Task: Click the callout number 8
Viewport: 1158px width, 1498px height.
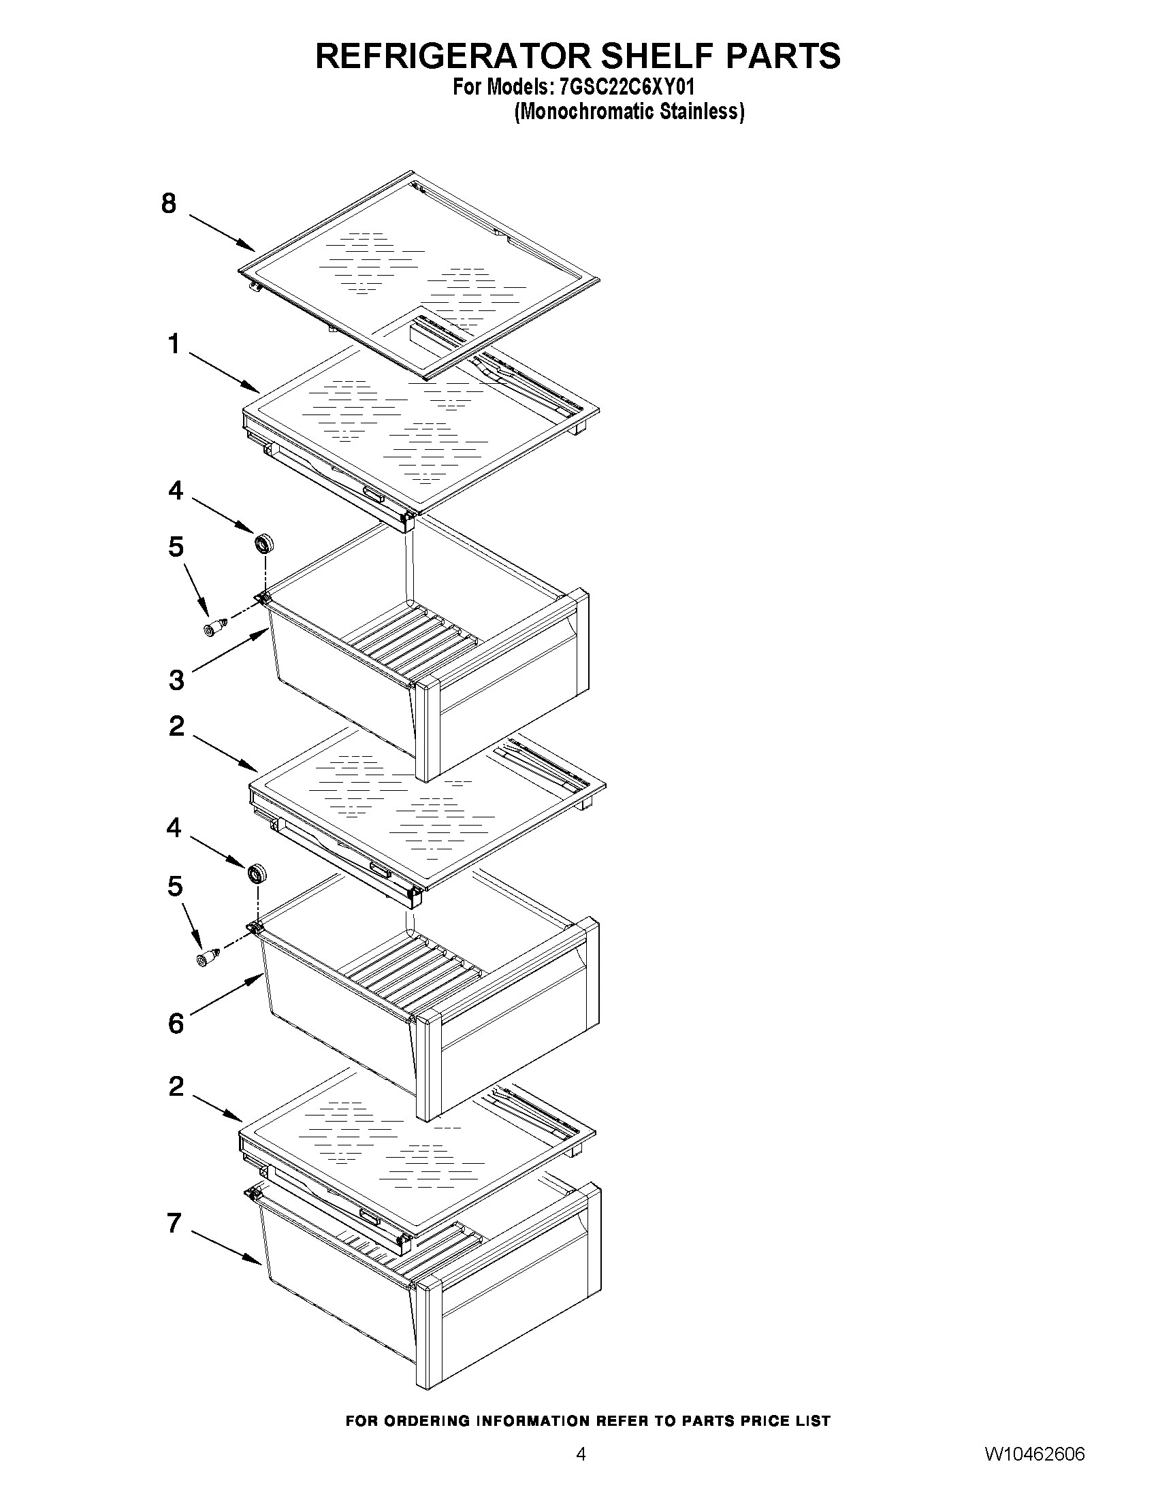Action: pos(169,203)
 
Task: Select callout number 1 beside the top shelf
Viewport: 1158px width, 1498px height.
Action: pos(175,344)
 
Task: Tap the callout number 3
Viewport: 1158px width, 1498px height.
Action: pos(176,681)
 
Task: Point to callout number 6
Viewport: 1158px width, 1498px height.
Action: pos(176,1024)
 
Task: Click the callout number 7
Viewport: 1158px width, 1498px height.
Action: pos(175,1223)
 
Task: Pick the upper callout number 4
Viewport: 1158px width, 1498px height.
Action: pos(176,491)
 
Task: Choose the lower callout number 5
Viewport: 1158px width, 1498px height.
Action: pos(176,887)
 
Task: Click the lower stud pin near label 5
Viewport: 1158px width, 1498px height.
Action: pos(207,958)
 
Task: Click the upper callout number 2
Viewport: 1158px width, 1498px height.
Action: pos(176,726)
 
